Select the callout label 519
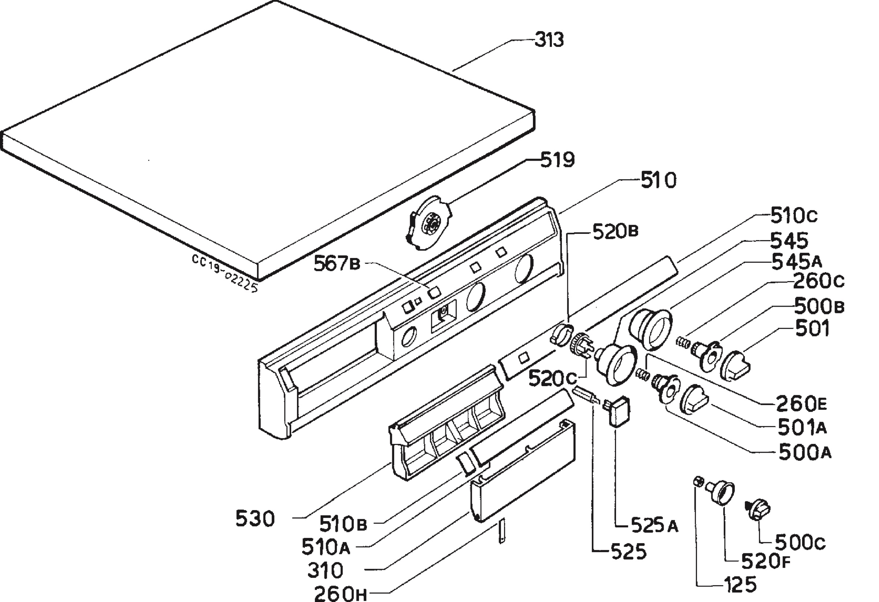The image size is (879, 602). tap(557, 160)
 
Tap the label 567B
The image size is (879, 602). tap(337, 263)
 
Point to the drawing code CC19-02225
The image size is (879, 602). tap(225, 273)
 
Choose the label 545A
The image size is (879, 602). tap(797, 262)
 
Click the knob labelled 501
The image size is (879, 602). tap(736, 366)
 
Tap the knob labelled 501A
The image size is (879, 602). tap(694, 400)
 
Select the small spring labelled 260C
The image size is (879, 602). tap(682, 343)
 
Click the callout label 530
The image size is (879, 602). tap(255, 519)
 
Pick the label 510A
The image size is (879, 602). tap(326, 547)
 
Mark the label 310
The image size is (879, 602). tap(325, 570)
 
